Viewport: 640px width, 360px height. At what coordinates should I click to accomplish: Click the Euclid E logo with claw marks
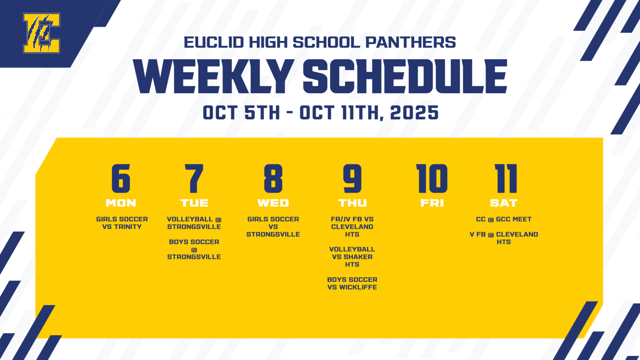(x=42, y=33)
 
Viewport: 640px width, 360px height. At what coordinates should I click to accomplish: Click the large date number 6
(x=121, y=179)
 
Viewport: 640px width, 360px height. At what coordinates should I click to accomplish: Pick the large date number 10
(x=432, y=179)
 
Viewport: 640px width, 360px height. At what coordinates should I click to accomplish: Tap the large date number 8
(x=273, y=179)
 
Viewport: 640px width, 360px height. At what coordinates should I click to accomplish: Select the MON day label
(x=121, y=203)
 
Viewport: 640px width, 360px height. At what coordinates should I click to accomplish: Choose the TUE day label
(x=194, y=203)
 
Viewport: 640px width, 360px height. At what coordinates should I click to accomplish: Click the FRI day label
(x=432, y=203)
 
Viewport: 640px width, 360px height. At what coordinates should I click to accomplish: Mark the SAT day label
(x=504, y=203)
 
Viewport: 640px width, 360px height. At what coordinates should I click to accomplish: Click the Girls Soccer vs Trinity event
(x=122, y=223)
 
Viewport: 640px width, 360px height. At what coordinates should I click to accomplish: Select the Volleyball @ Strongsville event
(x=194, y=223)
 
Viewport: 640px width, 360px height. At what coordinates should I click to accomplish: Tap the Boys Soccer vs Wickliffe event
(x=352, y=284)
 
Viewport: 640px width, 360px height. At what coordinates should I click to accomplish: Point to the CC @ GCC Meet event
(x=504, y=220)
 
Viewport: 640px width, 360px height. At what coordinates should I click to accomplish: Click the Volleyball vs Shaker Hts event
(x=352, y=257)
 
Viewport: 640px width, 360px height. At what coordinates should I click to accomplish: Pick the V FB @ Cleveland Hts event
(x=504, y=238)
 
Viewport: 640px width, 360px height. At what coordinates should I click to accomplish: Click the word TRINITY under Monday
(x=128, y=227)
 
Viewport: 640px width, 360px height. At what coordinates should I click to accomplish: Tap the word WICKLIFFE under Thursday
(x=358, y=287)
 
